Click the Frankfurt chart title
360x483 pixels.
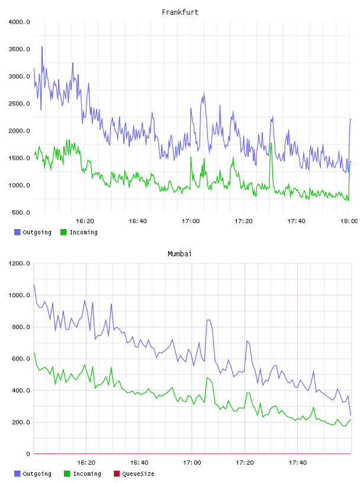180,12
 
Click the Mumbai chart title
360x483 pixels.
179,254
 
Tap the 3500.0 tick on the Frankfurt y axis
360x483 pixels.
19,49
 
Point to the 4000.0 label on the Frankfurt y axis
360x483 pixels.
19,22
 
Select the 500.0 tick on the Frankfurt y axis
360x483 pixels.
21,212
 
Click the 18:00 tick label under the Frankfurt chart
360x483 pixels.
349,221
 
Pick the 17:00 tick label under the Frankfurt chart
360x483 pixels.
191,221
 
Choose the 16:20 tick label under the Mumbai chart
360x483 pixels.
86,463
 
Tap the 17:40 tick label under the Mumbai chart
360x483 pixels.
298,463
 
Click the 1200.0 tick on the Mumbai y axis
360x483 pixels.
19,263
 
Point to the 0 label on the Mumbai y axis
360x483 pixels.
28,454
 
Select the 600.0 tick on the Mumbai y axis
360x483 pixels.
21,359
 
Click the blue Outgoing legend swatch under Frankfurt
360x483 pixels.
17,232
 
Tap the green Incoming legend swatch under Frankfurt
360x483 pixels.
63,232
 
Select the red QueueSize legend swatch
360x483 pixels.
117,474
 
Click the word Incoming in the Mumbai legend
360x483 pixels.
87,474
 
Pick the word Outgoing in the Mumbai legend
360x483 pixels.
37,474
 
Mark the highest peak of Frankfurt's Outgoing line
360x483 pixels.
42,47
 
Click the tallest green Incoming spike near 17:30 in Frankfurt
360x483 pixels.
271,143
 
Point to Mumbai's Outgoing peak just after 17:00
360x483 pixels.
208,320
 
